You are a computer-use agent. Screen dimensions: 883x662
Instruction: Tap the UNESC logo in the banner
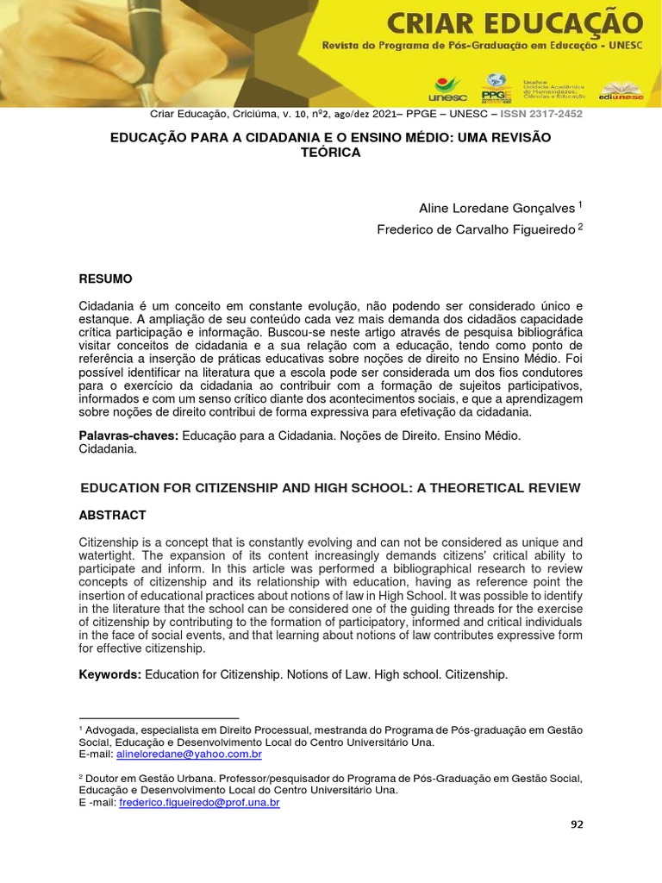pyautogui.click(x=447, y=86)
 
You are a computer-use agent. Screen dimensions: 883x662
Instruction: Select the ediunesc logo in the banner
pyautogui.click(x=622, y=91)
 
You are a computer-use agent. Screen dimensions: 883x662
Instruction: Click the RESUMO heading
pyautogui.click(x=105, y=279)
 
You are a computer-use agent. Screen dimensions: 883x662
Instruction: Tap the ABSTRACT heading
pyautogui.click(x=112, y=515)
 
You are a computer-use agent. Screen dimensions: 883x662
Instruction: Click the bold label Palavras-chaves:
pyautogui.click(x=128, y=437)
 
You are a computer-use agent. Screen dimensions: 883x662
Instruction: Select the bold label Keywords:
pyautogui.click(x=109, y=674)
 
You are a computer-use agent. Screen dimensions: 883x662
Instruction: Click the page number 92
pyautogui.click(x=577, y=824)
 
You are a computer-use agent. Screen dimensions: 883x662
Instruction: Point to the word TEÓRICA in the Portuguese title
pyautogui.click(x=330, y=153)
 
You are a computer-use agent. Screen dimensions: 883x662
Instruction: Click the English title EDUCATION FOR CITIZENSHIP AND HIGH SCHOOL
pyautogui.click(x=330, y=488)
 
